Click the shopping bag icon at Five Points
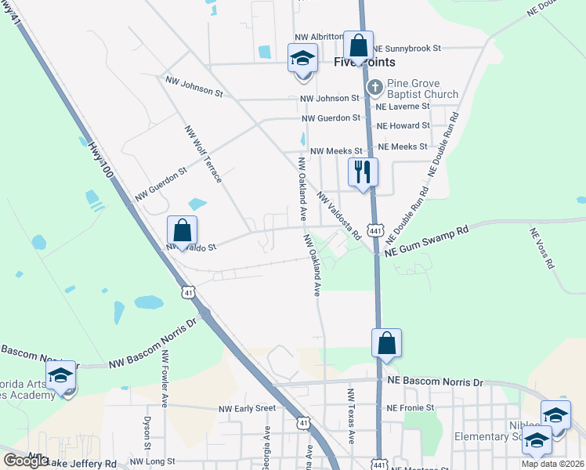click(358, 45)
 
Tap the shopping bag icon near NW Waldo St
click(182, 230)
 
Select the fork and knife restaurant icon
click(363, 172)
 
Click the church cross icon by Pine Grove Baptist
click(374, 85)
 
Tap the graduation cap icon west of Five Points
click(302, 59)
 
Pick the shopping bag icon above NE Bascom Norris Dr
click(386, 343)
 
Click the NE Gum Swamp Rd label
click(425, 240)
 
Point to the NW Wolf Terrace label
click(203, 154)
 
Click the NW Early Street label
click(247, 408)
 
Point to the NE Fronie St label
click(411, 408)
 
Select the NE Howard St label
click(403, 125)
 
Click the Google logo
click(26, 461)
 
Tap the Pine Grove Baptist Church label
click(423, 89)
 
